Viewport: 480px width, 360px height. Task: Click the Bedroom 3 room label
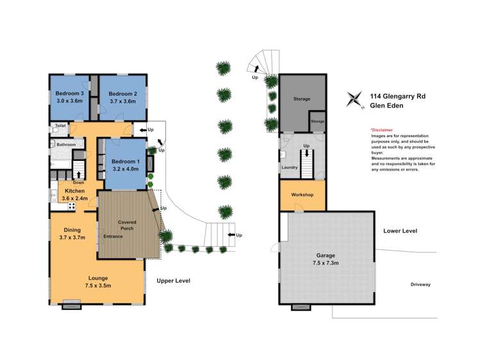click(x=69, y=94)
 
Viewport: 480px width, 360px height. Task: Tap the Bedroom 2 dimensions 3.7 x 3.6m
click(x=122, y=101)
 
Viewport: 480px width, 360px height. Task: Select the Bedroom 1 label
click(x=126, y=161)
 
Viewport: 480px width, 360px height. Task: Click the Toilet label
click(x=61, y=126)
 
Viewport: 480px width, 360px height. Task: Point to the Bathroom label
click(x=66, y=144)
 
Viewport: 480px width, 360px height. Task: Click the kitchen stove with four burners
click(x=72, y=206)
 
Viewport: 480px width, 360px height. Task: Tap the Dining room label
click(x=72, y=230)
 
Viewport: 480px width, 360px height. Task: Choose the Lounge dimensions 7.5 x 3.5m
click(x=98, y=286)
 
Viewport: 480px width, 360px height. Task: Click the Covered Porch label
click(x=127, y=225)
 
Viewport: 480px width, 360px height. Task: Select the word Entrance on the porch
click(x=113, y=236)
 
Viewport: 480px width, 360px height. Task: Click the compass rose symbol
click(x=354, y=99)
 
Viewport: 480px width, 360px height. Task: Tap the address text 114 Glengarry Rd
click(x=398, y=96)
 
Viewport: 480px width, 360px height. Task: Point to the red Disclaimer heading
click(x=382, y=130)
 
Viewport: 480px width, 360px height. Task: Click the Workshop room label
click(x=302, y=195)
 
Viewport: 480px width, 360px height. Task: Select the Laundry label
click(x=289, y=167)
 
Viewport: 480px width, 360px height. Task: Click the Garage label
click(x=326, y=256)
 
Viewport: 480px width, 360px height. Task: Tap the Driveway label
click(x=420, y=284)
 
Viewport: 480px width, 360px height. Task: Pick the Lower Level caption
click(x=400, y=231)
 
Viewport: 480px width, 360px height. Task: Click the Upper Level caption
click(x=173, y=281)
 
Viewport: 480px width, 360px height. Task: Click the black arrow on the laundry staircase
click(x=306, y=153)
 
